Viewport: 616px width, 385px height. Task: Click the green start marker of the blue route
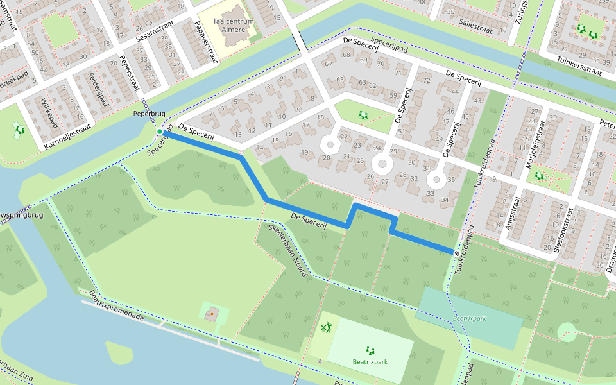point(159,132)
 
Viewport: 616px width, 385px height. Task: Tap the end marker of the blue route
point(457,253)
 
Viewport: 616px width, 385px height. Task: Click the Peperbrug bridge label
point(149,114)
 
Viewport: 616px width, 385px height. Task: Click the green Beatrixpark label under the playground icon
point(370,362)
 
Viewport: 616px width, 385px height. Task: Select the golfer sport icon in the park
point(327,329)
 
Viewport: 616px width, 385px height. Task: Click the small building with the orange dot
point(211,314)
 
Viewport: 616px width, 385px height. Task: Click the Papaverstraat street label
point(205,43)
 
